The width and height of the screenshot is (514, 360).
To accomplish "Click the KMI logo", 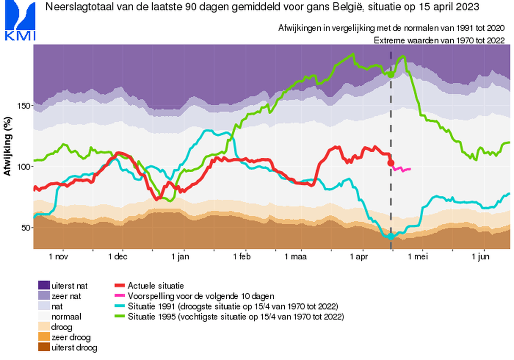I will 19,20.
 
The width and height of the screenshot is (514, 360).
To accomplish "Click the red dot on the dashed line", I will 391,163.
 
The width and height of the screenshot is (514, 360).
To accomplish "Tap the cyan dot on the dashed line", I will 391,236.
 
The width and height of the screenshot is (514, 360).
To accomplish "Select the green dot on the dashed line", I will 391,75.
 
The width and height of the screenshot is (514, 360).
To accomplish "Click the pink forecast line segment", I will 401,169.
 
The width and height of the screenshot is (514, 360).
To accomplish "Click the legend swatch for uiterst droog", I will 44,347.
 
